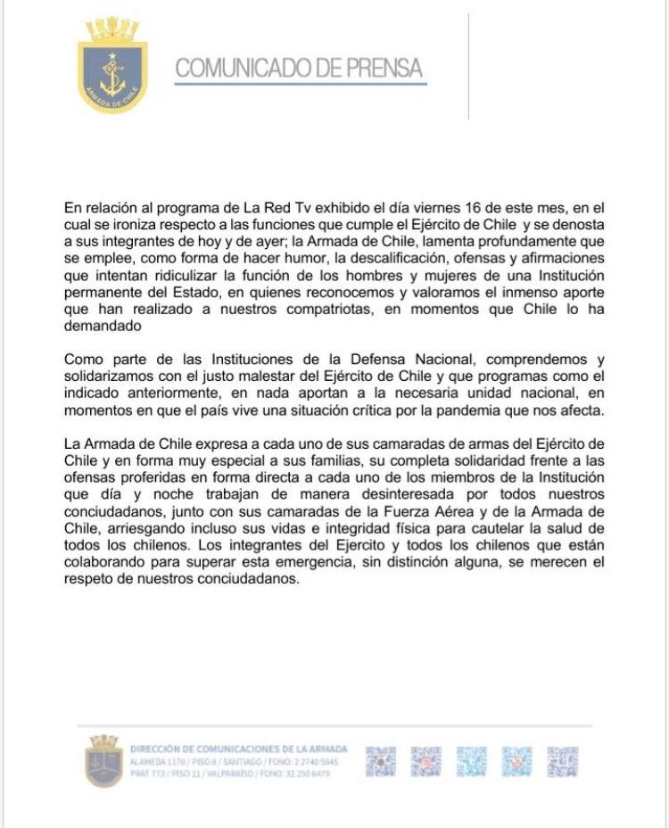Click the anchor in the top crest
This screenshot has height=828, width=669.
(x=112, y=75)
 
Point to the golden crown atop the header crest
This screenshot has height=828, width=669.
(x=112, y=29)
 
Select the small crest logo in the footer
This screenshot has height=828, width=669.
(x=103, y=761)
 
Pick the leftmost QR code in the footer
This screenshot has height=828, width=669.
(x=381, y=761)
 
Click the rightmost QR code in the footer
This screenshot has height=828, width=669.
(x=563, y=761)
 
